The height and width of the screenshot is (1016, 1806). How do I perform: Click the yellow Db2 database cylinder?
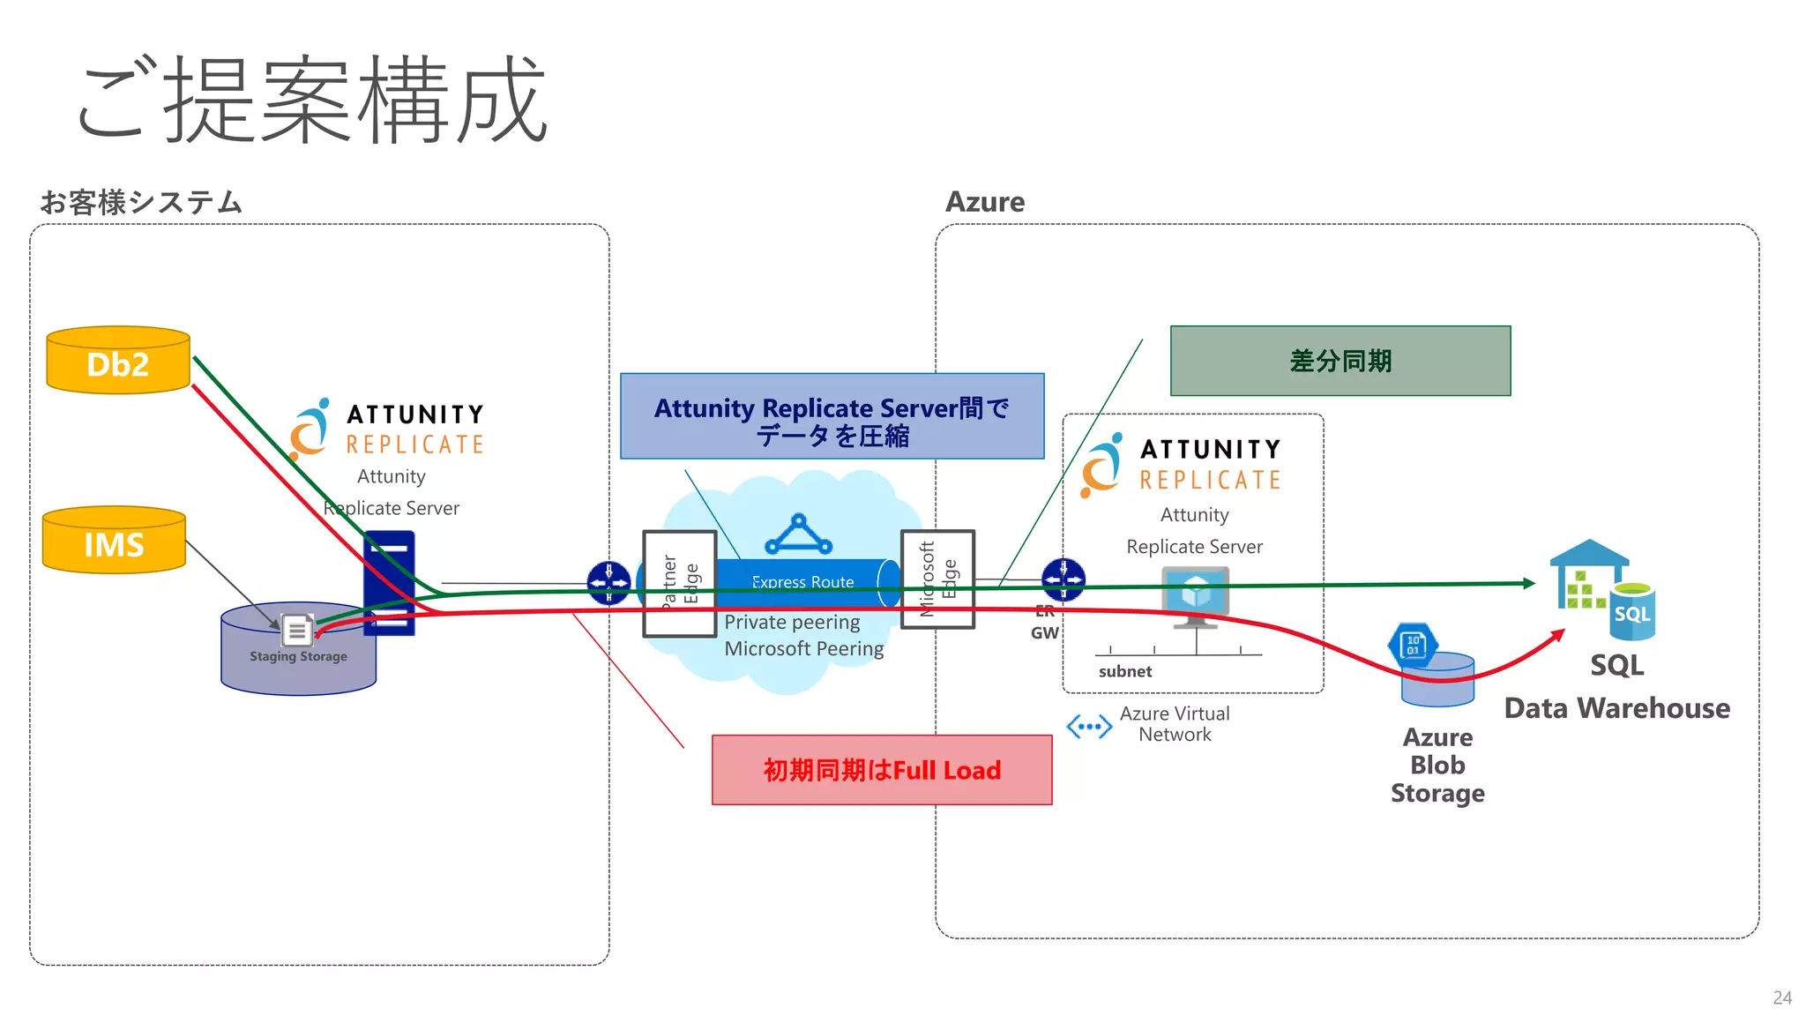tap(118, 362)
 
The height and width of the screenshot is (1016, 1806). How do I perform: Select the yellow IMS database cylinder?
tap(114, 542)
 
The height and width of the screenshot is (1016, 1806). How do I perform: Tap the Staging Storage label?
tap(298, 657)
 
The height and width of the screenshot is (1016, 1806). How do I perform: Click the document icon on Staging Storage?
tap(297, 630)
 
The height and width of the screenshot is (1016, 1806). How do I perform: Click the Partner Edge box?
tap(679, 583)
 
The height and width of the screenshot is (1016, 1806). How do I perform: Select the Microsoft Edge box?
tap(937, 579)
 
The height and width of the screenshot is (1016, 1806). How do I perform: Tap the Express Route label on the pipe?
tap(802, 582)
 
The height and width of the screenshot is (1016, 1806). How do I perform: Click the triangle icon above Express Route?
tap(798, 535)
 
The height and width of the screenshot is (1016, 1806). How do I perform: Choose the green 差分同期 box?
tap(1340, 361)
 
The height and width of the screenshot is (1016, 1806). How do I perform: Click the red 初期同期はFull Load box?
tap(882, 770)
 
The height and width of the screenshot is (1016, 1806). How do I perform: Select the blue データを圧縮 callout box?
tap(832, 416)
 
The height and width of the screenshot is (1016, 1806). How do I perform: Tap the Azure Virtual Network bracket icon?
tap(1089, 727)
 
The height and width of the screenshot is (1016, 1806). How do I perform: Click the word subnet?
tap(1124, 671)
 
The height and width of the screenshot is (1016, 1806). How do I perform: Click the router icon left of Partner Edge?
tap(608, 583)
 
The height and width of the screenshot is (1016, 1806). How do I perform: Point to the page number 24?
tap(1782, 997)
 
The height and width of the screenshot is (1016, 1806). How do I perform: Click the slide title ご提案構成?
tap(313, 99)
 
